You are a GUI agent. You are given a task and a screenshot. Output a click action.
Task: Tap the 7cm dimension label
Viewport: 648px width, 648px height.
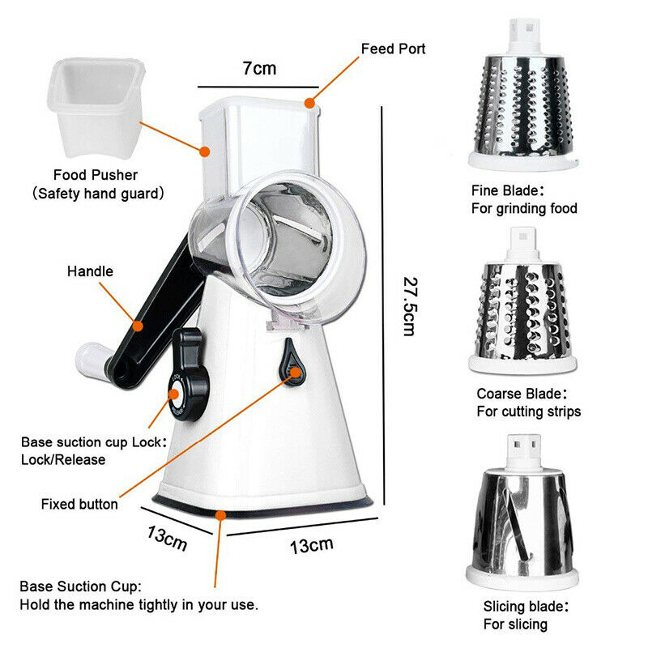[259, 68]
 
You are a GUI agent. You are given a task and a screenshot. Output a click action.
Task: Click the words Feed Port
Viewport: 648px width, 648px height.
[393, 49]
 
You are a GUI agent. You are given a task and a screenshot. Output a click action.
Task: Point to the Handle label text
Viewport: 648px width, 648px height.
[90, 271]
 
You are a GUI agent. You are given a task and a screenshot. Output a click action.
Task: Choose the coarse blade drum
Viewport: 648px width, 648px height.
[522, 312]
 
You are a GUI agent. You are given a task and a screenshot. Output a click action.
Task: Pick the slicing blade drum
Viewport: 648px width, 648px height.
[522, 518]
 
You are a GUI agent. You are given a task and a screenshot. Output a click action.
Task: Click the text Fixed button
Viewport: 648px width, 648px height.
[79, 505]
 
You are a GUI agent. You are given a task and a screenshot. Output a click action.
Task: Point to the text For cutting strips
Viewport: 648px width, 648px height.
[528, 411]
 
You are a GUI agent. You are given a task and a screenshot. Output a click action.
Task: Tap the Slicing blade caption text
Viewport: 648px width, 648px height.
[526, 606]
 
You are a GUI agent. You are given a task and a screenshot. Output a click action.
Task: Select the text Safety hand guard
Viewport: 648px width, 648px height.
[98, 194]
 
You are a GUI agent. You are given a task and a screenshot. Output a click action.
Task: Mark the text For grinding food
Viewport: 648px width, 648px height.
[524, 208]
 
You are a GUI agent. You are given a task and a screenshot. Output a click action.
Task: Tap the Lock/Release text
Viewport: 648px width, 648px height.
[63, 459]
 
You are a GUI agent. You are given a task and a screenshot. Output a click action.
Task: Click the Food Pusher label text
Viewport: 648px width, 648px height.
[96, 175]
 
